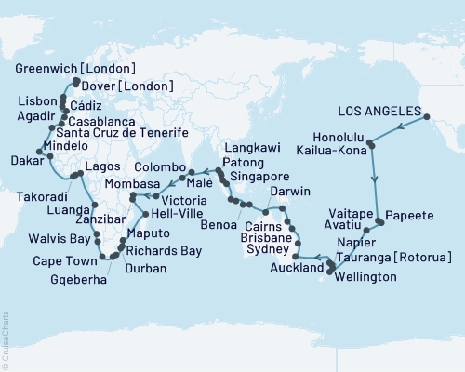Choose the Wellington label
click(368, 277)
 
